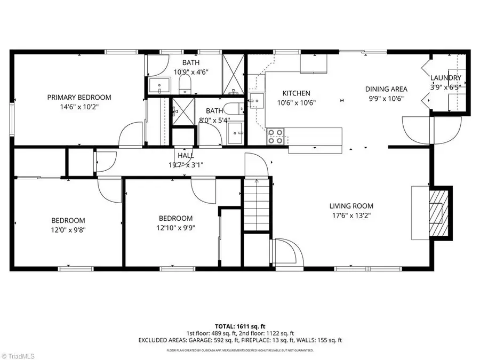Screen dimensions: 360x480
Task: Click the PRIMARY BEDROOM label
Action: [x=79, y=97]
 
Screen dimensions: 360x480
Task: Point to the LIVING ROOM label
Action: [x=351, y=206]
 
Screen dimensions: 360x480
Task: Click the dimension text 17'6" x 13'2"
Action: [x=351, y=216]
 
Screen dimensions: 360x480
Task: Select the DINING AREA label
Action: [x=386, y=89]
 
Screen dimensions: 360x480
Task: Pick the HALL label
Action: [x=186, y=155]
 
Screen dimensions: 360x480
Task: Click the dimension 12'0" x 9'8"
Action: [x=68, y=230]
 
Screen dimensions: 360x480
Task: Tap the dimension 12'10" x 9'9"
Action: [x=175, y=228]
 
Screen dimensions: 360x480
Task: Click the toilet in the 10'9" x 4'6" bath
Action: [x=185, y=84]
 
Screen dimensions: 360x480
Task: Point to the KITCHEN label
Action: [x=296, y=93]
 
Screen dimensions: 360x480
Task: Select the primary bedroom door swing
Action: [x=131, y=134]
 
